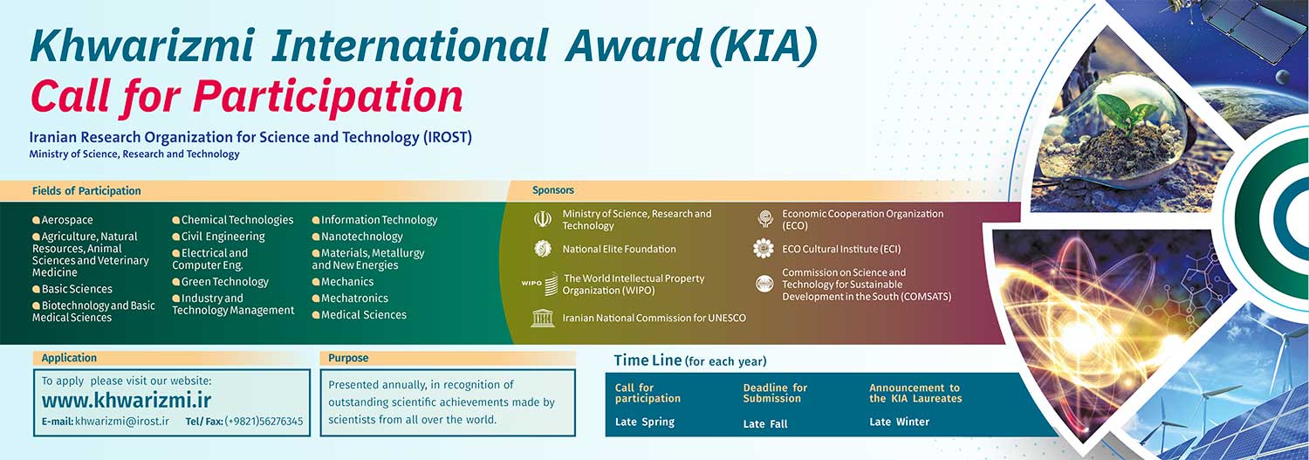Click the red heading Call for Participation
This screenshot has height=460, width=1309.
coord(247,97)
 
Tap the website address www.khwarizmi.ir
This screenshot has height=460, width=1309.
coord(127,401)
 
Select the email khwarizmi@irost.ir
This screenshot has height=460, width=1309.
coord(122,421)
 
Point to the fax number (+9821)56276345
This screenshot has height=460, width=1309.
coord(264,421)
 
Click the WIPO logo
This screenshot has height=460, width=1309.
coord(540,284)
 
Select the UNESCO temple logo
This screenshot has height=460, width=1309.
coord(543,319)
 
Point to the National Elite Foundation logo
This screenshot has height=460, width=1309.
coord(542,249)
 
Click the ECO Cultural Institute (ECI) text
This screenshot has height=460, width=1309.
coord(841,249)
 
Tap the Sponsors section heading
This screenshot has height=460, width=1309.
coord(552,190)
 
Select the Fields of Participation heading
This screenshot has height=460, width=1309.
coord(86,190)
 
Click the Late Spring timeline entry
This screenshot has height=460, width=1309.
coord(645,422)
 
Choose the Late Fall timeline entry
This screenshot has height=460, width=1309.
coord(765,423)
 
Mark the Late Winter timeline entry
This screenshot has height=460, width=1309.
coord(899,422)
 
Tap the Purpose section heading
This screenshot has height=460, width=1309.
coord(348,358)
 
